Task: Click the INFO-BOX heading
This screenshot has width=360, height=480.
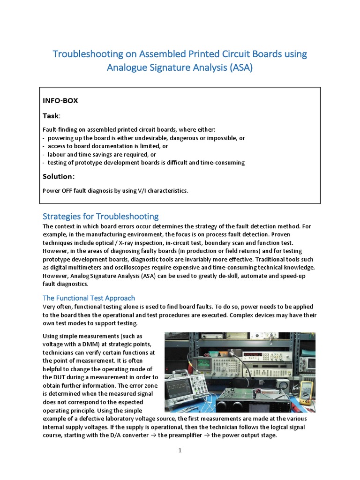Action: click(x=60, y=100)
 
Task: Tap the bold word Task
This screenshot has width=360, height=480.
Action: click(x=51, y=115)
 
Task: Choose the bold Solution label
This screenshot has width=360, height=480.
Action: click(x=58, y=177)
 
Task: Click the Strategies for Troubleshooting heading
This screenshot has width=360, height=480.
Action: click(x=100, y=217)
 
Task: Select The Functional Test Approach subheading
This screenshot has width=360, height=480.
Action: click(x=89, y=298)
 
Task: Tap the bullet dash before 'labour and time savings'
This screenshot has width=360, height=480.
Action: click(x=44, y=155)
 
